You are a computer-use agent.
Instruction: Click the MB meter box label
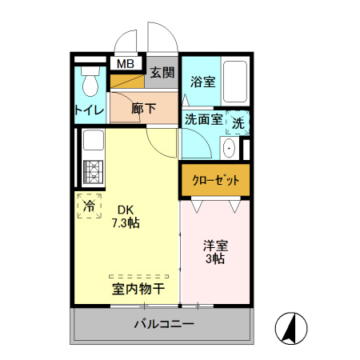click(x=126, y=64)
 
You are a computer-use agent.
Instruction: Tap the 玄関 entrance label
click(x=162, y=73)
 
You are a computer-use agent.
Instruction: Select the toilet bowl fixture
click(x=88, y=82)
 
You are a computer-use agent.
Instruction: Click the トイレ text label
click(x=88, y=110)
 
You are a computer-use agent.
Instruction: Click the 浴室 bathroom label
click(x=202, y=82)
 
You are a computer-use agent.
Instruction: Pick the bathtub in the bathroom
click(x=236, y=82)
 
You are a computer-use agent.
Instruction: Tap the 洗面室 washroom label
click(x=203, y=119)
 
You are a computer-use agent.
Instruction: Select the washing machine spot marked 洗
click(x=238, y=122)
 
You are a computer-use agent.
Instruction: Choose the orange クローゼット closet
click(x=215, y=180)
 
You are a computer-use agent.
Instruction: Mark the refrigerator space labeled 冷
click(x=89, y=205)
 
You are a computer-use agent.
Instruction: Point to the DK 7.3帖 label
click(x=126, y=217)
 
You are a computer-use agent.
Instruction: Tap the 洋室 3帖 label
click(x=214, y=252)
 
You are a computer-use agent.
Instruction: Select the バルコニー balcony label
click(x=163, y=324)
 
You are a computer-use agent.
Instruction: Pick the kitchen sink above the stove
click(x=90, y=144)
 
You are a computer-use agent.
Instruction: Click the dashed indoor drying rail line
click(x=138, y=274)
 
